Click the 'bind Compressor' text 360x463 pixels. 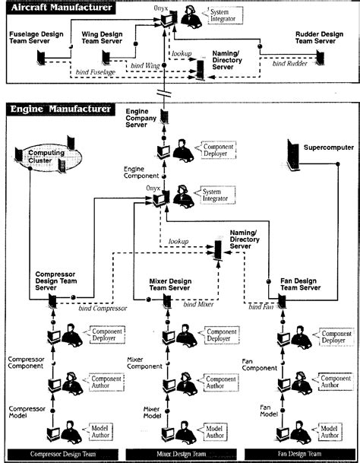click(101, 309)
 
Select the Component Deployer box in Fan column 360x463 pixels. click(335, 336)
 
